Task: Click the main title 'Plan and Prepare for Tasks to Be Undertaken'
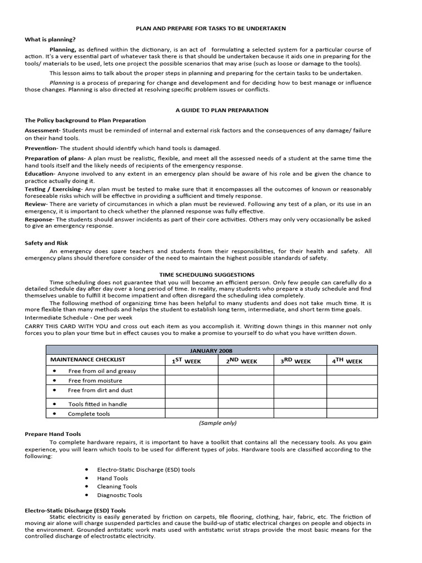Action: click(211, 27)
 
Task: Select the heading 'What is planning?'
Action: click(51, 39)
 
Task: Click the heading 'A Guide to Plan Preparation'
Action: click(221, 110)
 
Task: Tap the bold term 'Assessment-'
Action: click(42, 130)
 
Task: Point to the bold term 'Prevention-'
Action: click(41, 148)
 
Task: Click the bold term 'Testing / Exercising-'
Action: click(53, 189)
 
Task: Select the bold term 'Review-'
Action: click(36, 203)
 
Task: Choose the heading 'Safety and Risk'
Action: click(46, 242)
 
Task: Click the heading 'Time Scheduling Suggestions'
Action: click(207, 274)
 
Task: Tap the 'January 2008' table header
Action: click(211, 350)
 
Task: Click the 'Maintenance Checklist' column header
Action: click(88, 360)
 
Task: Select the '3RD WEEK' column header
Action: click(296, 361)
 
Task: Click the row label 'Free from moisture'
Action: click(95, 380)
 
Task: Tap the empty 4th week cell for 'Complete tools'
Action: click(352, 413)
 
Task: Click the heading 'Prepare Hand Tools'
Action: click(53, 434)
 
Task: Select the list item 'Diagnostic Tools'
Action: click(119, 495)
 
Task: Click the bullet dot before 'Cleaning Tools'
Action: click(88, 487)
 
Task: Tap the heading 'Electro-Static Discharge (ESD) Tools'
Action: click(75, 510)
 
